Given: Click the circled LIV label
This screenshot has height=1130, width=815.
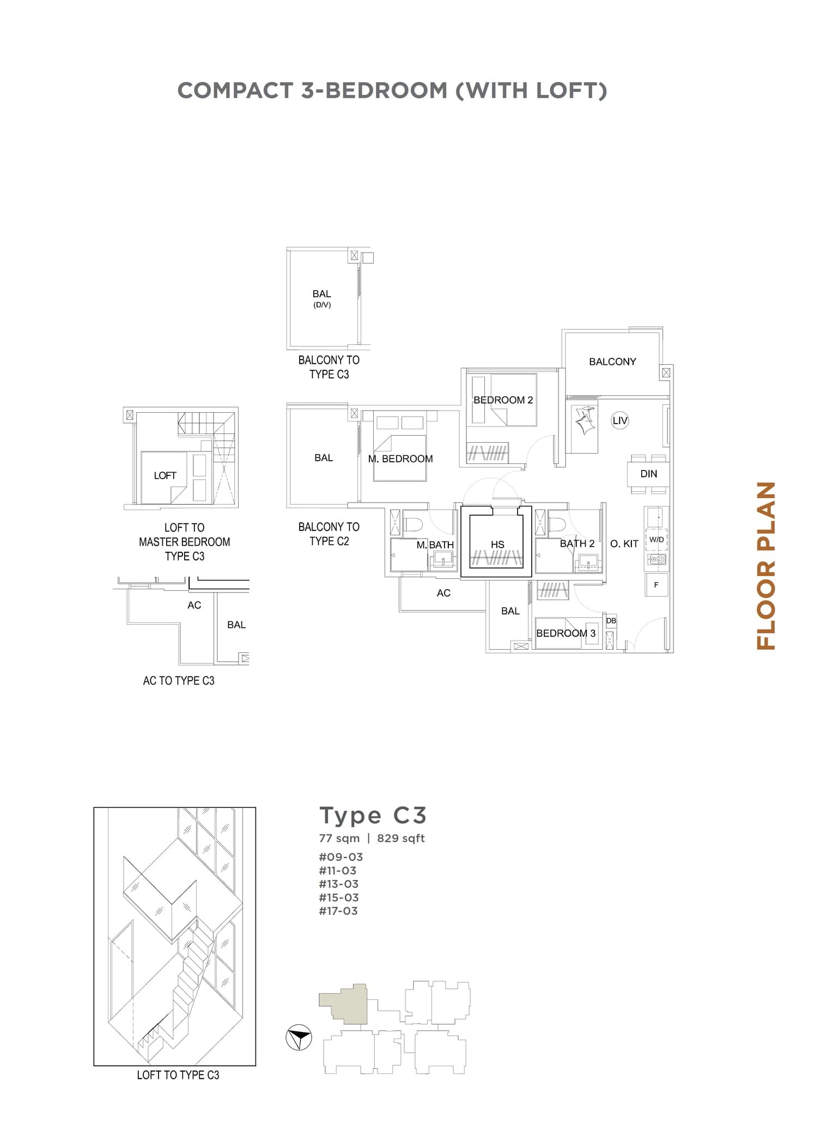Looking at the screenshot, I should [619, 420].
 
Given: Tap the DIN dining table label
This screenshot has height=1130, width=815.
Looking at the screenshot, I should [648, 474].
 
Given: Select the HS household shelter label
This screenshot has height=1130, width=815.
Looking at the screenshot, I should [497, 544].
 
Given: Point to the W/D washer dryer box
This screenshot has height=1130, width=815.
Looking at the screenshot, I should [656, 540].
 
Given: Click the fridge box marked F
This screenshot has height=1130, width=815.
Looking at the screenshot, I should [656, 585].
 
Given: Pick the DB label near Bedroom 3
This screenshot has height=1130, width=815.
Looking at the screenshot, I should [611, 621].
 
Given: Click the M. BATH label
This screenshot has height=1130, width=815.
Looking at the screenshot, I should [435, 545].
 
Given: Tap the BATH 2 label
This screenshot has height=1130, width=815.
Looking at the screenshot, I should [577, 543].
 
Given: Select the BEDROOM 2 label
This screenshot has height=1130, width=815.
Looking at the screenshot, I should [503, 400].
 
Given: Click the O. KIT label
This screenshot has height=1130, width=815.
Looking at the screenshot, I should [624, 543].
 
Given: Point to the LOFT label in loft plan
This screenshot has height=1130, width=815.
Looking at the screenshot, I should [165, 475].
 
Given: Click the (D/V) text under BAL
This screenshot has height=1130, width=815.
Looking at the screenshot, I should [322, 305].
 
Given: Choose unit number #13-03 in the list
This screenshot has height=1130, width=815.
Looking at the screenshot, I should [338, 884].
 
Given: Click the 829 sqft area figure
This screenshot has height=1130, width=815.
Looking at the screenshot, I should [400, 838].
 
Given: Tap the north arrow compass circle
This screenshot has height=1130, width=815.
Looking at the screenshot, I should [299, 1037].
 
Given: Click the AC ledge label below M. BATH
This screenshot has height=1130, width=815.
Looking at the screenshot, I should [443, 593].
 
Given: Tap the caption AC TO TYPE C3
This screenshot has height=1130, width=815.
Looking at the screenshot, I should [179, 681].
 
